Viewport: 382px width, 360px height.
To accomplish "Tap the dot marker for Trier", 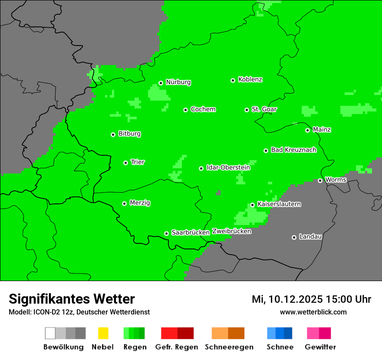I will click(x=125, y=163).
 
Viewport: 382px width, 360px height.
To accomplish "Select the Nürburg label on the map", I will click(x=178, y=82).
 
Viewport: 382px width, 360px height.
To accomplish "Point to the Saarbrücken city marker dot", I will click(x=166, y=233).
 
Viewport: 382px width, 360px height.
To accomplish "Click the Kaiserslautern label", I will click(x=279, y=204).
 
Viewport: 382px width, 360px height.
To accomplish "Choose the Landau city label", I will click(x=310, y=237).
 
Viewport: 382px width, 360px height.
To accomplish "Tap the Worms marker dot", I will click(x=320, y=180).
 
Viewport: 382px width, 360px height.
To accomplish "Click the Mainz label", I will click(x=322, y=130).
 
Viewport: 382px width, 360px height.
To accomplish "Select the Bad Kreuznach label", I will click(x=293, y=150).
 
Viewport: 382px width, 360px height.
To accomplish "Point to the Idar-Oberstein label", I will click(x=228, y=167).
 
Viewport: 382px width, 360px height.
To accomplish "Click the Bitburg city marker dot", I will click(x=113, y=134).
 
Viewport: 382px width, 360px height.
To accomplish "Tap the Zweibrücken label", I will click(x=231, y=231).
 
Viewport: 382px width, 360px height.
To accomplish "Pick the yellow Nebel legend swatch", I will click(x=103, y=333).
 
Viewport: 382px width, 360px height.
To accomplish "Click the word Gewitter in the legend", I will click(x=320, y=347).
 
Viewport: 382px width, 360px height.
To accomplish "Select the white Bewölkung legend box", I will click(x=50, y=333).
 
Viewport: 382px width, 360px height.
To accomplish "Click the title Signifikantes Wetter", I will click(x=72, y=299).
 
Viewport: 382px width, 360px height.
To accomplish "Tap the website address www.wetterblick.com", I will click(x=313, y=312).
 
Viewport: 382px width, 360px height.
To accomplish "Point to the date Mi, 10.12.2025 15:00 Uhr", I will click(x=311, y=299).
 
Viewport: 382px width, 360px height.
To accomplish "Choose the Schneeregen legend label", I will click(x=229, y=347).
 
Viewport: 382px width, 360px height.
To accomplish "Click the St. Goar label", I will click(x=264, y=109).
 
